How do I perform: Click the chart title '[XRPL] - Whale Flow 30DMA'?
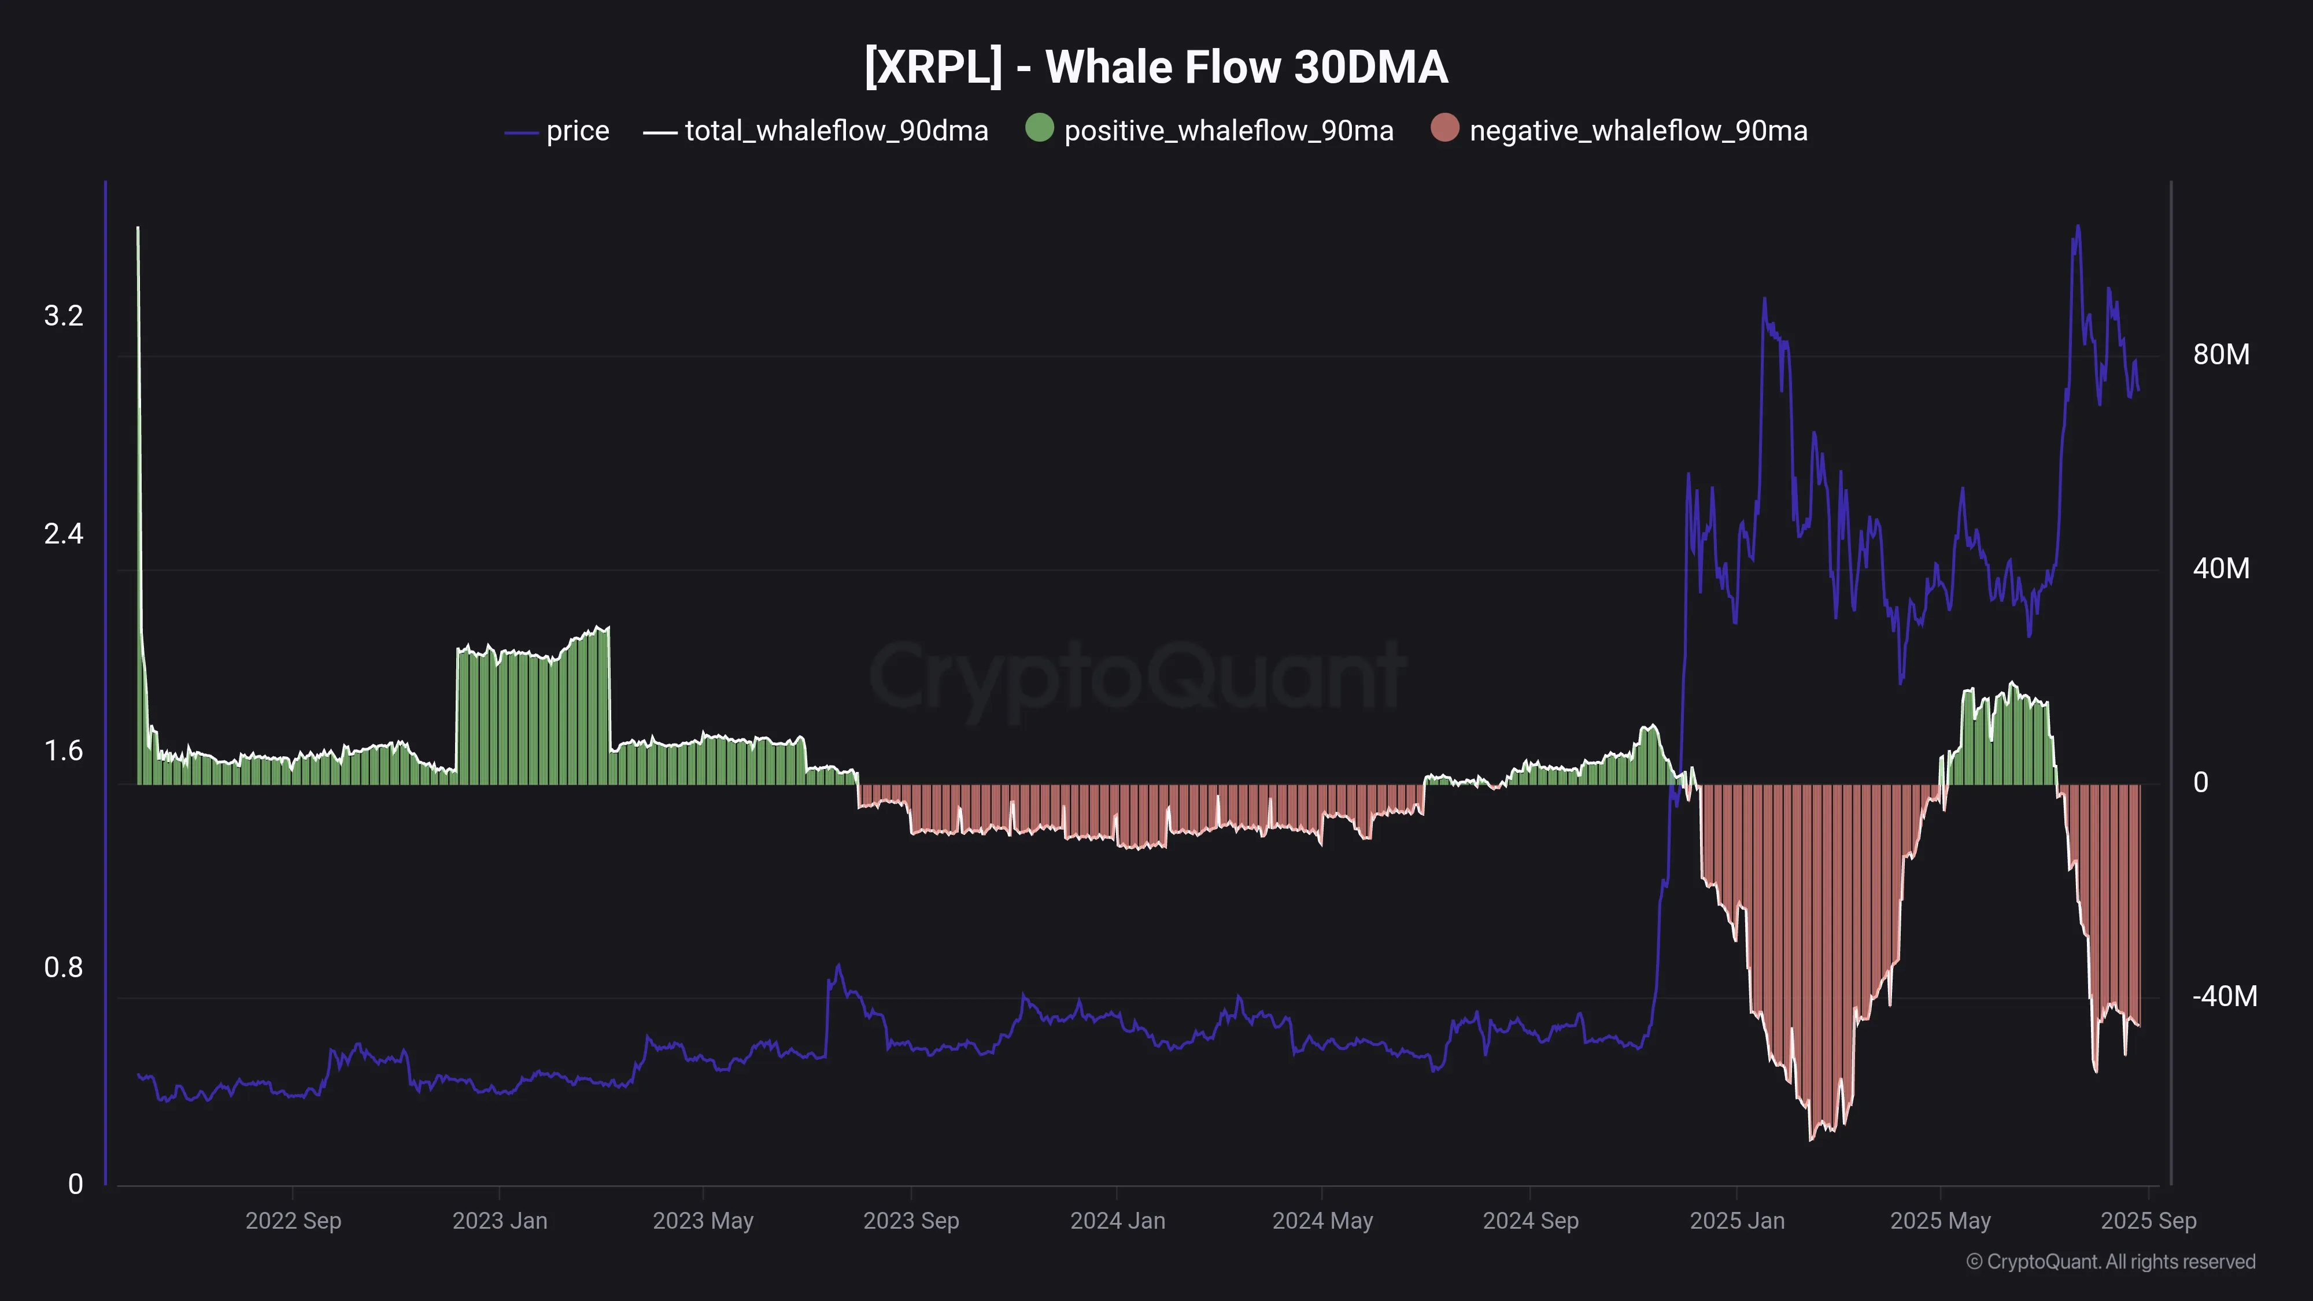coord(1155,67)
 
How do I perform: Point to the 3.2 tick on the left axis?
coord(63,316)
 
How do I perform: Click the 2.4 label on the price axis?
coord(63,534)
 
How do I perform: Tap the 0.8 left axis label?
coord(63,968)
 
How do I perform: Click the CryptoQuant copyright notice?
coord(2110,1262)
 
